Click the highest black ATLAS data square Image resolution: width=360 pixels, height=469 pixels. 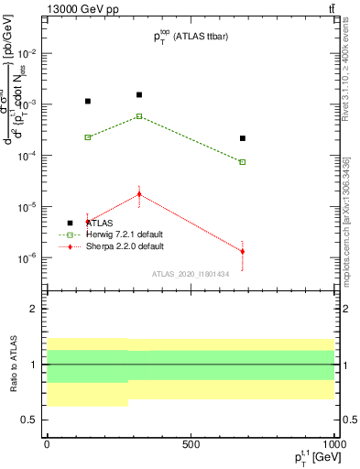[x=139, y=94]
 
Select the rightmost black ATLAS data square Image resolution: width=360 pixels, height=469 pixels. [x=243, y=138]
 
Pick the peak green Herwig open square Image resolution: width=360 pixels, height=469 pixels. [x=139, y=116]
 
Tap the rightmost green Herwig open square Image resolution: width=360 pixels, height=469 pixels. [x=243, y=162]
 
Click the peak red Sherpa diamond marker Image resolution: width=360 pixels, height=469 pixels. [x=139, y=193]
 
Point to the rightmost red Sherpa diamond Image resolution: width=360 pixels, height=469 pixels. [x=243, y=252]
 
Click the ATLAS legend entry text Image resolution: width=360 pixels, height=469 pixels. [x=101, y=223]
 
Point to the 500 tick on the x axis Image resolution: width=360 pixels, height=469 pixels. [x=191, y=444]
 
